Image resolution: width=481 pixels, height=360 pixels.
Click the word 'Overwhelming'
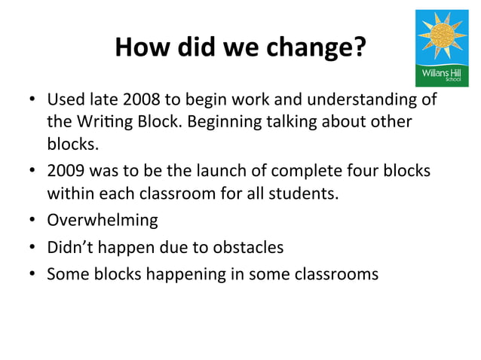coord(103,221)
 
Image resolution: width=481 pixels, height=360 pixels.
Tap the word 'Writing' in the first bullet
coord(103,121)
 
